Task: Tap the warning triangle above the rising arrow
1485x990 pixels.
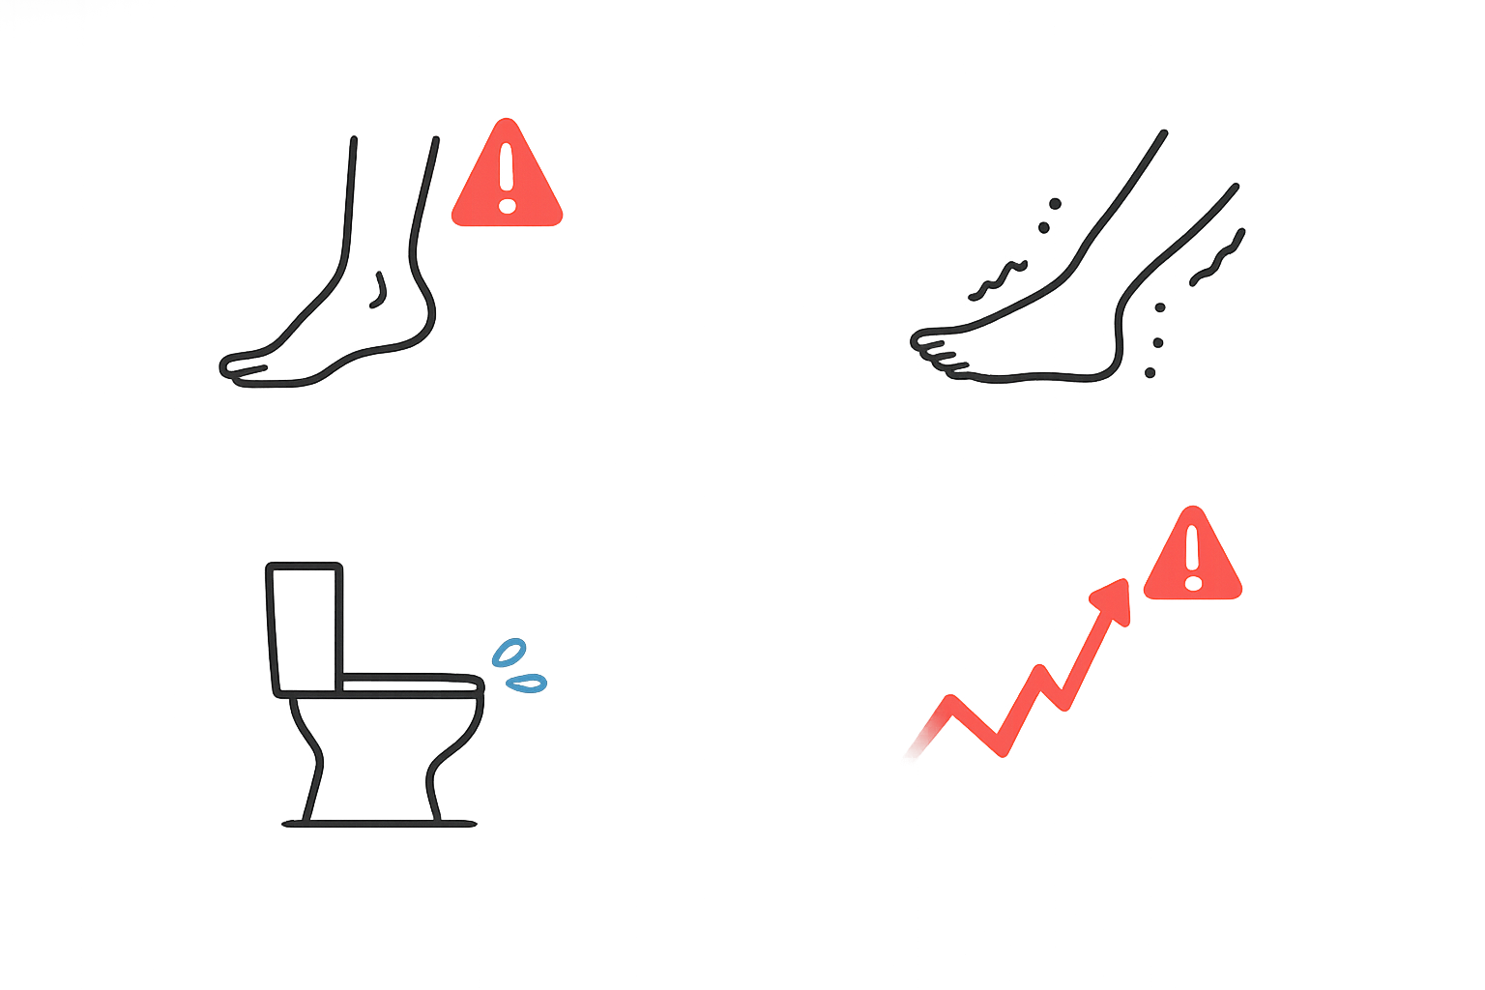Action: tap(1192, 558)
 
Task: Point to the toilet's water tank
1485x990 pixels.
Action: tap(305, 626)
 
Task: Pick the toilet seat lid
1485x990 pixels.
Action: tap(411, 685)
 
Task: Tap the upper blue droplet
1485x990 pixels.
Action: tap(509, 653)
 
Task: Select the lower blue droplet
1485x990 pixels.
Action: tap(528, 684)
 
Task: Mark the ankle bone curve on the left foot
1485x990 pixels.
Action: tap(380, 288)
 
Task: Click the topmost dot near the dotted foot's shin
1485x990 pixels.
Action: tap(1055, 204)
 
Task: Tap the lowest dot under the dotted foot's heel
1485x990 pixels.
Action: tap(1150, 372)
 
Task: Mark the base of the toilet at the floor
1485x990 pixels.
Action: tap(379, 823)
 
